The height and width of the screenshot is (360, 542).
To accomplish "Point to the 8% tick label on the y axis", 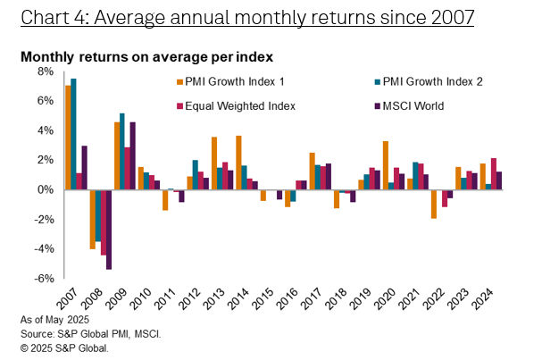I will tap(45, 71).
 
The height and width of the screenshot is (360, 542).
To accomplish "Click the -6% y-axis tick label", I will tap(43, 278).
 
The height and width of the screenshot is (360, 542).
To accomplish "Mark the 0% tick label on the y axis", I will tap(45, 189).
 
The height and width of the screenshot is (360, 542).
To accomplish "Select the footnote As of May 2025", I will tap(55, 319).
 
